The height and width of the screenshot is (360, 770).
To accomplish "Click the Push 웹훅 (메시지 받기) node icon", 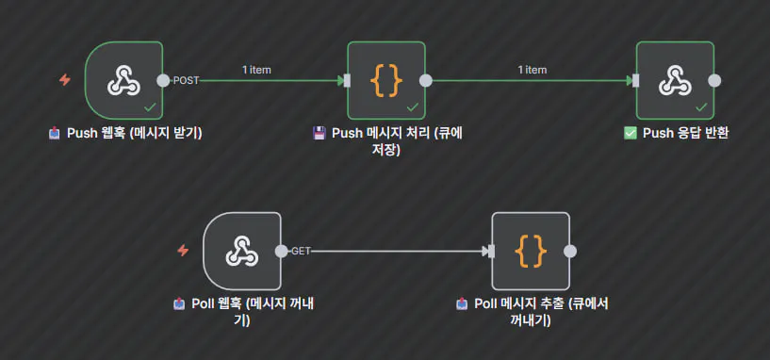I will [x=123, y=80].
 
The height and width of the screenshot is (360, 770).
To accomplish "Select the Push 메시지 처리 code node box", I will [x=386, y=80].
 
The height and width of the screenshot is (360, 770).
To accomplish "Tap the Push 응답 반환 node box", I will [x=675, y=80].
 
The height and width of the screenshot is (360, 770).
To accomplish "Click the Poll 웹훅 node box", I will [x=242, y=251].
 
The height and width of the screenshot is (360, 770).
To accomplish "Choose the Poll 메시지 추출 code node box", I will [x=531, y=251].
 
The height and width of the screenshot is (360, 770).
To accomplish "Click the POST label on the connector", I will [x=187, y=80].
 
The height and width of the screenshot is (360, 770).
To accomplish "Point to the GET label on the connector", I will [x=301, y=251].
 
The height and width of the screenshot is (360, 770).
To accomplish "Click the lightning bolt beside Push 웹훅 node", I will [x=64, y=80].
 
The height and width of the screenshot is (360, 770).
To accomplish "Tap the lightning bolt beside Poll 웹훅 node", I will [x=183, y=251].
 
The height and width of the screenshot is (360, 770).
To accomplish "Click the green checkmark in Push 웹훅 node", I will [x=149, y=107].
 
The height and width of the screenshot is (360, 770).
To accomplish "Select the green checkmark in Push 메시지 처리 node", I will [x=412, y=107].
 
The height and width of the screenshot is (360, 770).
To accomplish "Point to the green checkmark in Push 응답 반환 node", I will [x=700, y=107].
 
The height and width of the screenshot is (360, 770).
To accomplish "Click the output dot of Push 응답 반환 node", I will [x=714, y=80].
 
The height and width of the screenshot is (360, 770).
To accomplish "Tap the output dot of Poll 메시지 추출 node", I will [x=570, y=251].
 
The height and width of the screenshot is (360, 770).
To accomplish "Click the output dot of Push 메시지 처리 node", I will [x=426, y=80].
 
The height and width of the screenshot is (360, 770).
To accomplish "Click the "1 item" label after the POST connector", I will [x=256, y=69].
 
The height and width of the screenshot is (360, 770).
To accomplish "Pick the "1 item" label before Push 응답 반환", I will [x=532, y=69].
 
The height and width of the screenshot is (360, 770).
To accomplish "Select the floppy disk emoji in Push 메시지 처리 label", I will [x=319, y=133].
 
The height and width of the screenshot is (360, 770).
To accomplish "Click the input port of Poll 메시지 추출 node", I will [x=489, y=251].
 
